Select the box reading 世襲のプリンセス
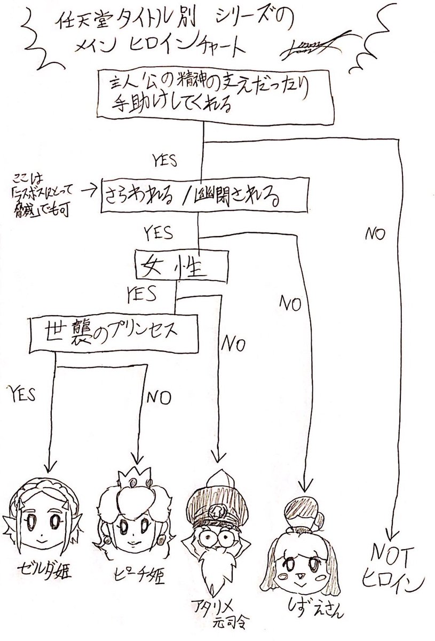coord(111,333)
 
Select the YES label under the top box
coord(167,159)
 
